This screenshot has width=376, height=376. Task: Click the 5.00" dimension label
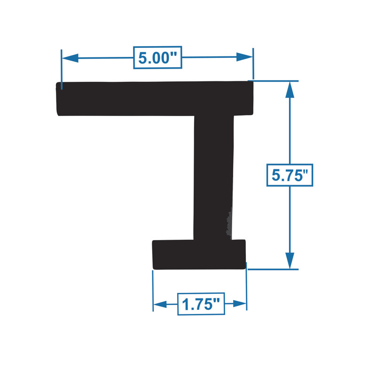(157, 57)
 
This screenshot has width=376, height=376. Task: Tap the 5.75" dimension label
(290, 175)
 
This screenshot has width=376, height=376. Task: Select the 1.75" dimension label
(201, 304)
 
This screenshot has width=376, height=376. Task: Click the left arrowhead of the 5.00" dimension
(70, 58)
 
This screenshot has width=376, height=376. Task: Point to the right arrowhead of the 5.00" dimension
(244, 57)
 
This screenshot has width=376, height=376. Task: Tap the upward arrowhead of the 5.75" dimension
(290, 90)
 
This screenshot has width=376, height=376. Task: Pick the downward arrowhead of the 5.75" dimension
(290, 261)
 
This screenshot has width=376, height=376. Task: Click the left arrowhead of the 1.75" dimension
(160, 304)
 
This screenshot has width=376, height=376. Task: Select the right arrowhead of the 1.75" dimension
(240, 303)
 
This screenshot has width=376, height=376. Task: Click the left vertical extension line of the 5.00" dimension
(62, 70)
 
